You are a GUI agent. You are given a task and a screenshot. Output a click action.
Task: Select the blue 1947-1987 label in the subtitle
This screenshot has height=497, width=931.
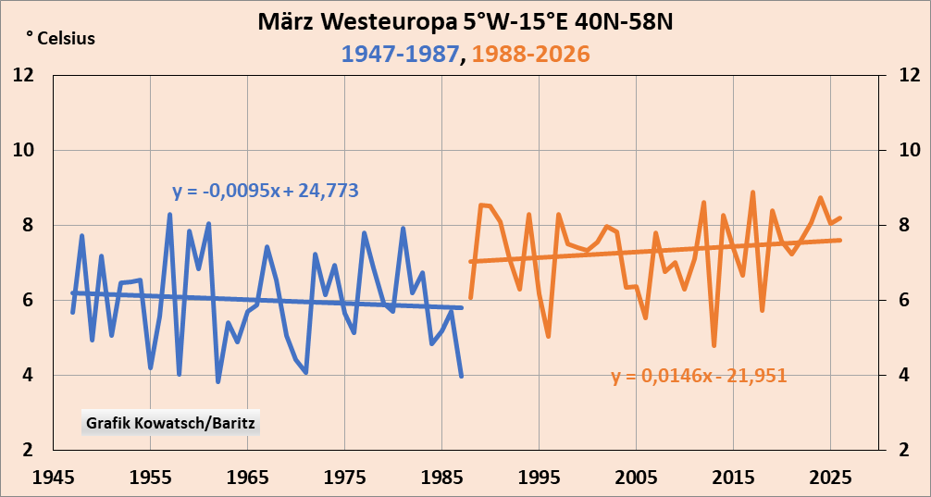[x=401, y=54]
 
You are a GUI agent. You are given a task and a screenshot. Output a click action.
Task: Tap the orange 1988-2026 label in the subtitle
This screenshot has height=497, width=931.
[x=530, y=54]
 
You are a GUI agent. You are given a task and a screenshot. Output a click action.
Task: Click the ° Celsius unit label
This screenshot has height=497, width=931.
[x=60, y=39]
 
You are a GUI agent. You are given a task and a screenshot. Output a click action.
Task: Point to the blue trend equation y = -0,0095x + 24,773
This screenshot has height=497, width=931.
[x=266, y=192]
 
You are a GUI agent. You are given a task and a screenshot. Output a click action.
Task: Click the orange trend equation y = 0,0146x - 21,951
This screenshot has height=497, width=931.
[x=699, y=376]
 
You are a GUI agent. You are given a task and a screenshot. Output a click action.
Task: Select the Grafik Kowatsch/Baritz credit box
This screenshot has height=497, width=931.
[x=172, y=423]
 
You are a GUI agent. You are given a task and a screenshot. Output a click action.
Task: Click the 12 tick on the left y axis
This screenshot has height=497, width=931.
[x=23, y=75]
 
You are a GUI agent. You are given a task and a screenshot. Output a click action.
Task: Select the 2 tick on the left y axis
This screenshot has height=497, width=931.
[x=28, y=450]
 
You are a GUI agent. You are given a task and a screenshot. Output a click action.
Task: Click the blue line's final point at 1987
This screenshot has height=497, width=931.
[x=461, y=375]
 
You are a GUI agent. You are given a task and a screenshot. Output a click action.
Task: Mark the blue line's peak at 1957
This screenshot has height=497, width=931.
[x=170, y=215]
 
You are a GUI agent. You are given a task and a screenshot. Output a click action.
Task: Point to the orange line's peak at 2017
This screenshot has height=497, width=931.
[x=752, y=193]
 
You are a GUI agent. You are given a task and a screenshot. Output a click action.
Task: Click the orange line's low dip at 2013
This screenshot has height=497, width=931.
[x=714, y=345]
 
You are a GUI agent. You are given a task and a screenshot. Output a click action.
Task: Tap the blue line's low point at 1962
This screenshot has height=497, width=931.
[x=218, y=381]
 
